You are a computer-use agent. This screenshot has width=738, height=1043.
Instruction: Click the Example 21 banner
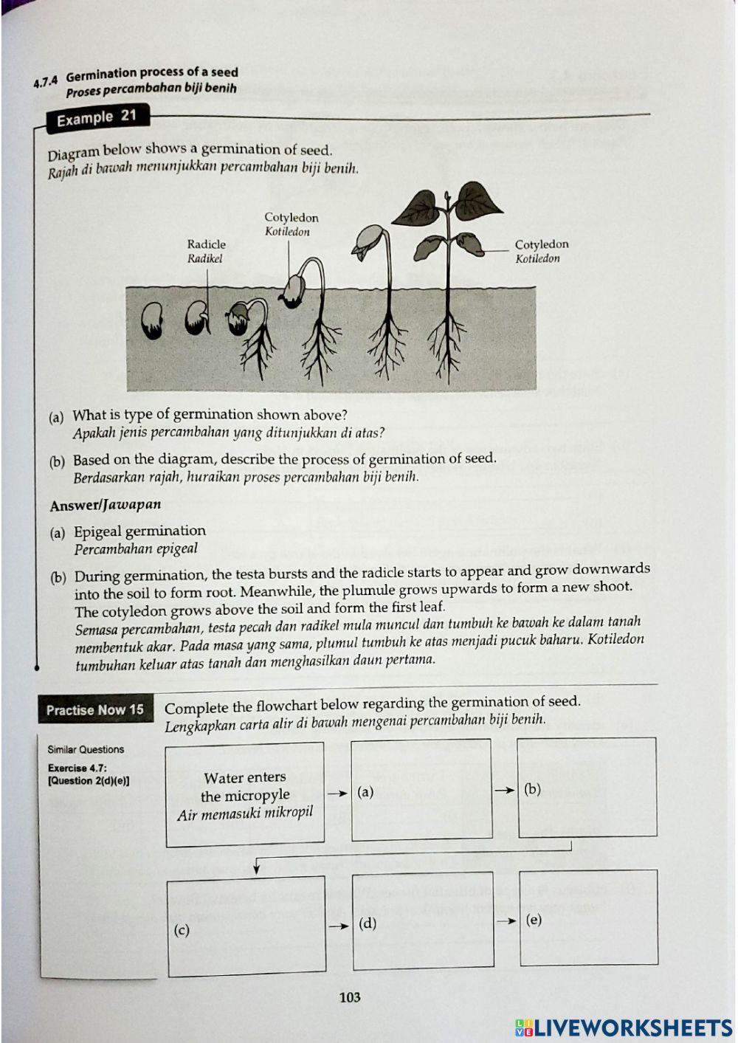(x=96, y=118)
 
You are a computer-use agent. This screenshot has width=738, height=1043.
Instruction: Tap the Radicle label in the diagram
(x=206, y=250)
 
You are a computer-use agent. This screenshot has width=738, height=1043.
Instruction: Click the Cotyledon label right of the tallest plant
(x=541, y=250)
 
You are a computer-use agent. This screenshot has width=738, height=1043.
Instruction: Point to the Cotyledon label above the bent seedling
(x=291, y=224)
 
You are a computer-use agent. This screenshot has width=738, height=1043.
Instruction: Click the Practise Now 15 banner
(x=94, y=710)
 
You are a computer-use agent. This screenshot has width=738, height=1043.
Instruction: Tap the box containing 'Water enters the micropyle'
(x=245, y=795)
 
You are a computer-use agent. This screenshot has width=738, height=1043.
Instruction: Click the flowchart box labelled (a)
(x=421, y=789)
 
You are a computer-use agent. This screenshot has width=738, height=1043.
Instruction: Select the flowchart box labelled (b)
(x=587, y=787)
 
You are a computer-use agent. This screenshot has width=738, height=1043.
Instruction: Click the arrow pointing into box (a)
(x=337, y=793)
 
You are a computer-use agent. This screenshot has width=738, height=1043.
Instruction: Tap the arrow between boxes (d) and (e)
(x=506, y=920)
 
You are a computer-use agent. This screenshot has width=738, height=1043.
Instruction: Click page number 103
(x=350, y=997)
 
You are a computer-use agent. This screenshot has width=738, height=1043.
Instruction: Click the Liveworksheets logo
(x=624, y=1027)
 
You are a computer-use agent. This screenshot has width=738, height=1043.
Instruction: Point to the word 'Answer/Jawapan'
(x=105, y=506)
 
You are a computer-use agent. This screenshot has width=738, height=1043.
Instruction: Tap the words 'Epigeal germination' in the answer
(x=139, y=531)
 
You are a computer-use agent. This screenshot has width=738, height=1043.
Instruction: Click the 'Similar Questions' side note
(x=86, y=749)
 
